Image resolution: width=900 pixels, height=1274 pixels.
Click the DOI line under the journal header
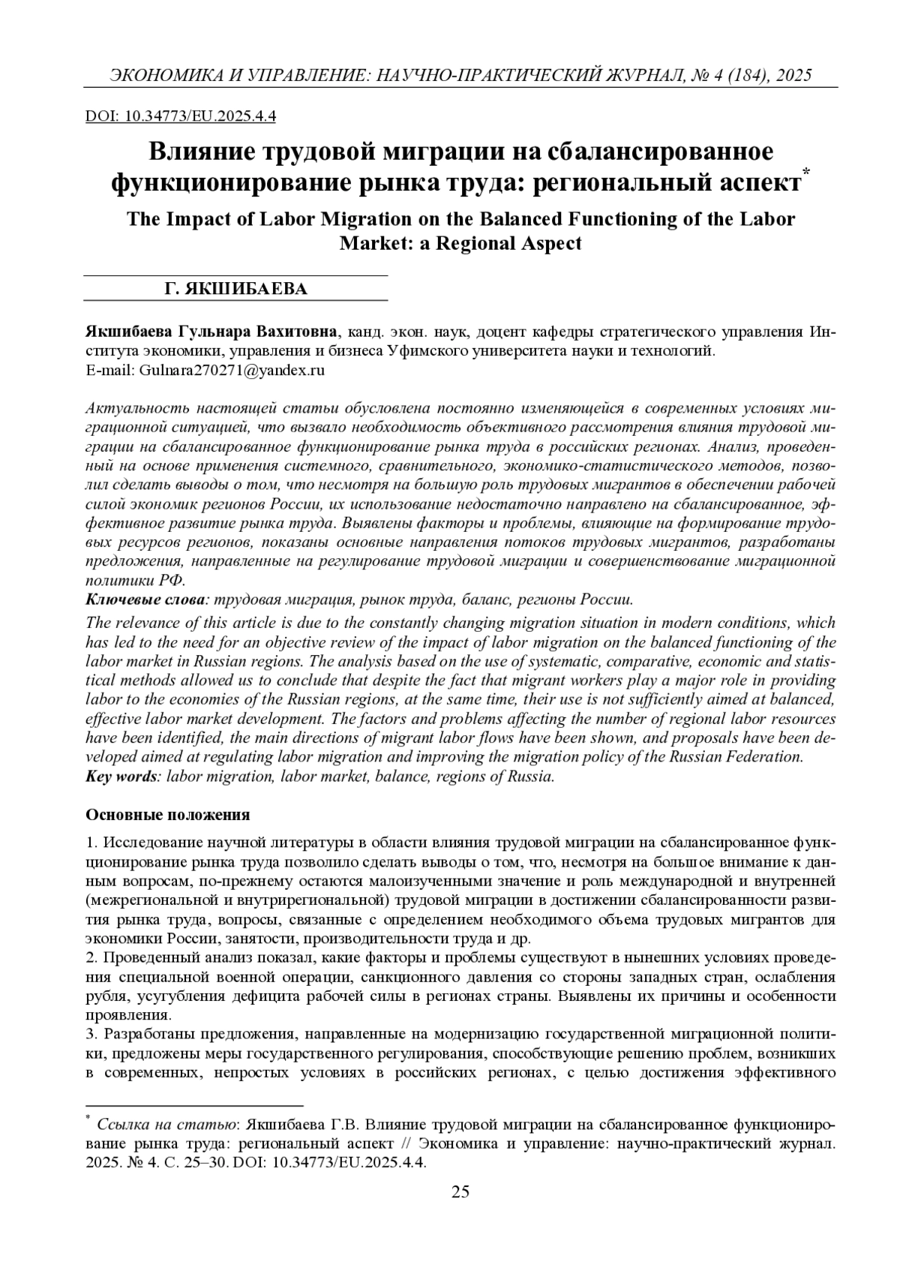point(181,116)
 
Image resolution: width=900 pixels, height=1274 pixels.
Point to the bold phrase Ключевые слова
point(146,599)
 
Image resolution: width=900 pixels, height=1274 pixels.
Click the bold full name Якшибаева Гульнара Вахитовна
point(213,332)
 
